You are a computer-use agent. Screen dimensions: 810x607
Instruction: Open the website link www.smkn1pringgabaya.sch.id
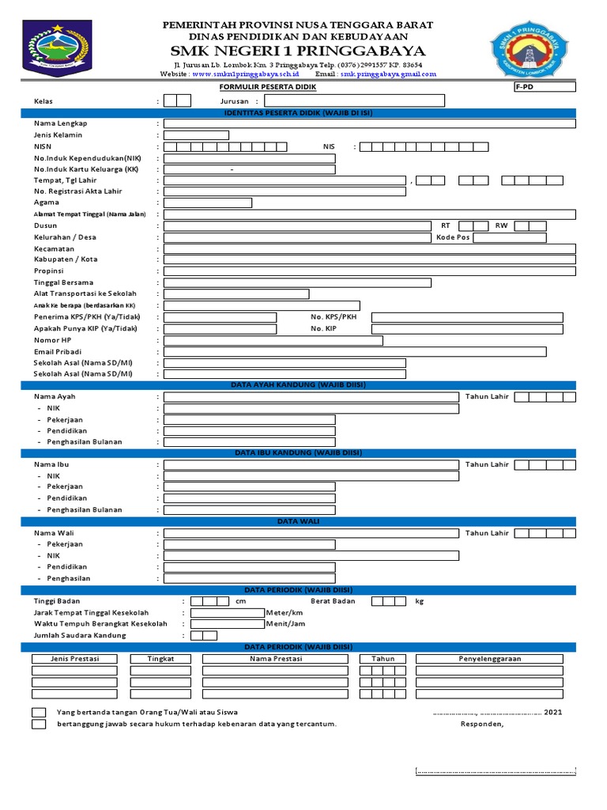(x=245, y=74)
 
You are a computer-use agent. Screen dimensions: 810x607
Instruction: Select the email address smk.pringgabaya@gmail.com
(x=388, y=74)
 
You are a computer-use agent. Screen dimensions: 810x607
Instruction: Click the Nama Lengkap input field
(x=369, y=124)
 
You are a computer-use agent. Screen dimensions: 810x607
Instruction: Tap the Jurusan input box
(x=353, y=101)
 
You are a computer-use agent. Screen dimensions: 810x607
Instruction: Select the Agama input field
(x=207, y=203)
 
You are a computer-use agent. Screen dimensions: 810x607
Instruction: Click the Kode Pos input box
(x=509, y=237)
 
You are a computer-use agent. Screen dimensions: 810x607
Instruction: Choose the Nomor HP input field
(x=273, y=341)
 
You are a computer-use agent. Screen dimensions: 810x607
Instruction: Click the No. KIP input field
(x=468, y=329)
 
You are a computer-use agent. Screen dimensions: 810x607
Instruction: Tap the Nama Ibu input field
(x=311, y=465)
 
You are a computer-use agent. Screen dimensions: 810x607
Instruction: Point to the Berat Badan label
(x=333, y=601)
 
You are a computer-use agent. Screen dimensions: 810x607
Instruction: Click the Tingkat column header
(x=160, y=659)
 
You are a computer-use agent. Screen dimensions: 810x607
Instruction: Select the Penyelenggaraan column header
(x=490, y=659)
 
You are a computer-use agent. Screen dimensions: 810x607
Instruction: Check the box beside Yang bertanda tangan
(x=39, y=713)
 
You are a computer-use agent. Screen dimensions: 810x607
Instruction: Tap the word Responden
(x=481, y=724)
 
